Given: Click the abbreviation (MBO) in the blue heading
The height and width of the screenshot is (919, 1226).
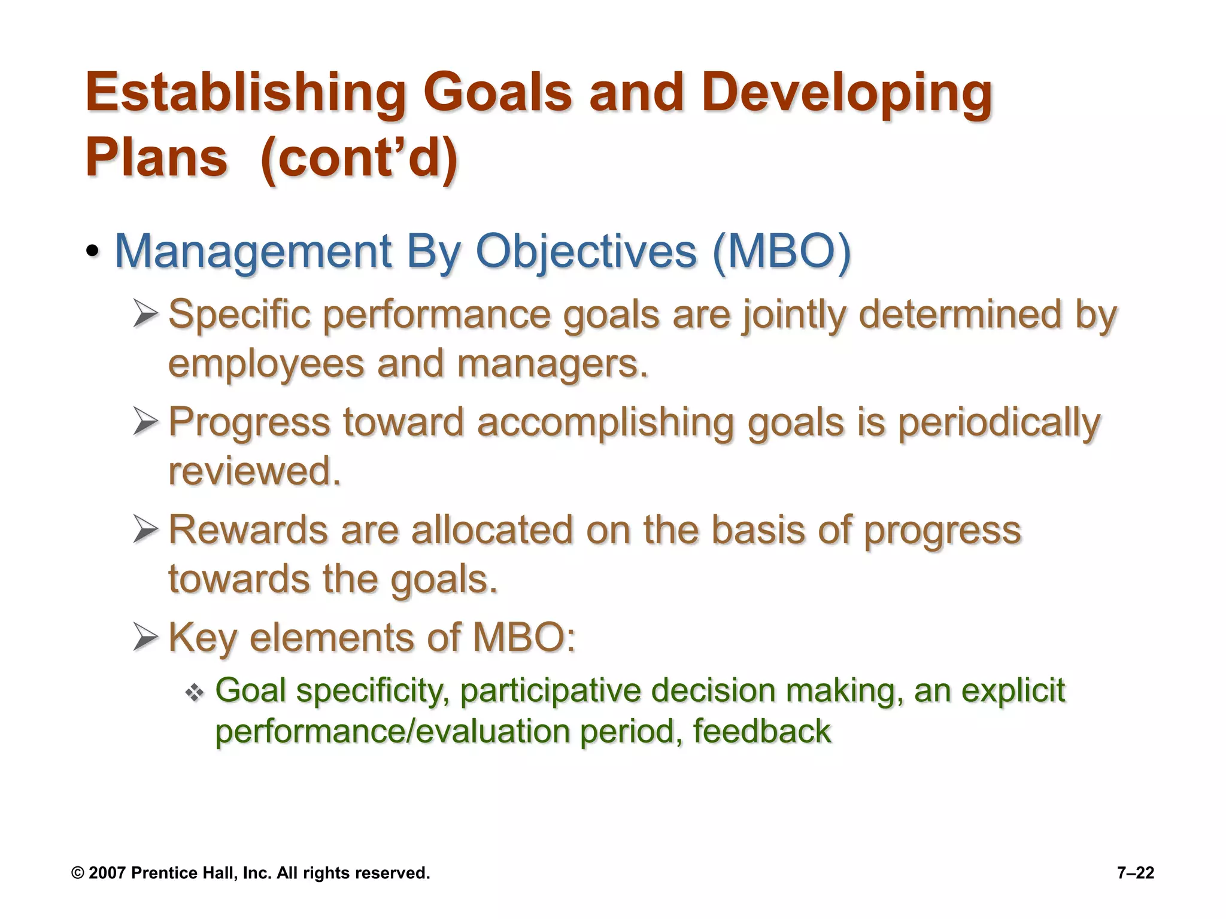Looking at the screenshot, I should [x=781, y=251].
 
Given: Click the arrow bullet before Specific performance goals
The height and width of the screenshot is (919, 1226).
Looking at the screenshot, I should [x=145, y=314].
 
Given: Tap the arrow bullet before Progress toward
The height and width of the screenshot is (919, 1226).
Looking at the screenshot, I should [x=145, y=422].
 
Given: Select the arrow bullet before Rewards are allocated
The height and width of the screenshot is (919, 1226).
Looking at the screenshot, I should [x=145, y=530].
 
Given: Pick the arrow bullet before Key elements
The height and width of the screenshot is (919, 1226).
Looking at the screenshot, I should [x=145, y=637].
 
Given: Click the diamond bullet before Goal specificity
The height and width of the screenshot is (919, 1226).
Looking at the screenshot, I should [x=195, y=693].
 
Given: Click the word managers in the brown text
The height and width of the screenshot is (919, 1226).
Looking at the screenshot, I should [x=552, y=364].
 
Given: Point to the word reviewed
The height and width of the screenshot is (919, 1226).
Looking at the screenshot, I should [x=254, y=471].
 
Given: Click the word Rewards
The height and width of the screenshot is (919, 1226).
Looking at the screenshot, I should [x=248, y=530].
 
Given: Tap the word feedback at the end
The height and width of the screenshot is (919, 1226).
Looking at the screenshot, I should [x=761, y=731].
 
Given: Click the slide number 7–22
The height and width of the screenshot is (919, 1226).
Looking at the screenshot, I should [x=1135, y=873].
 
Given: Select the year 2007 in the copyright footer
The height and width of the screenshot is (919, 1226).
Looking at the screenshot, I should [x=107, y=873].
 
